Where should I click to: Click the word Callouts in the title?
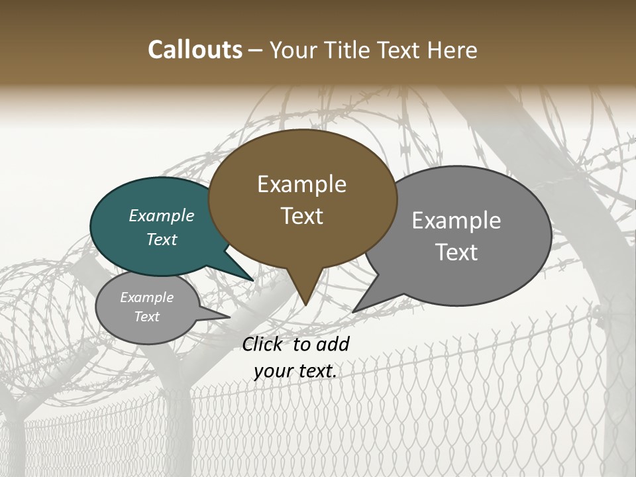click(x=195, y=50)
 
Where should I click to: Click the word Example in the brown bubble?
click(x=301, y=184)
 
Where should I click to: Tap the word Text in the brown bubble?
click(x=302, y=216)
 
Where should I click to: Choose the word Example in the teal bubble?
click(x=161, y=216)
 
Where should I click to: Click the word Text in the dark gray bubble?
click(x=456, y=252)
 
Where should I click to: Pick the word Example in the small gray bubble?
click(x=146, y=297)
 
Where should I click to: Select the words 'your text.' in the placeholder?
click(x=295, y=372)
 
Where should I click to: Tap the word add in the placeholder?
click(x=333, y=344)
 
